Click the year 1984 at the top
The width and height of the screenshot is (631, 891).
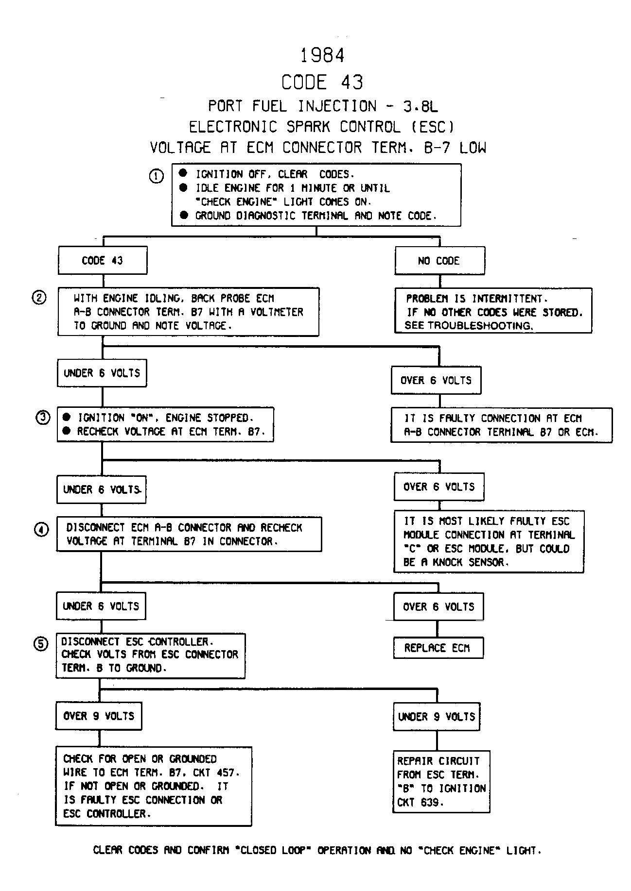click(322, 55)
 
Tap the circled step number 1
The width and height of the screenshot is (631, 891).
click(156, 176)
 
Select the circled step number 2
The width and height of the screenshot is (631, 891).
click(39, 297)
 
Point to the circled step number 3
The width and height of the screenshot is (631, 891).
click(43, 417)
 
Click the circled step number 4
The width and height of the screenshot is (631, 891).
click(41, 529)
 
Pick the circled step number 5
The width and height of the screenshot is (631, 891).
click(41, 644)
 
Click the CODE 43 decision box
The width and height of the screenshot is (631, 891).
click(103, 261)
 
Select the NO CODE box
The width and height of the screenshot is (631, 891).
click(440, 261)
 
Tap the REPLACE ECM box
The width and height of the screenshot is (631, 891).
click(438, 648)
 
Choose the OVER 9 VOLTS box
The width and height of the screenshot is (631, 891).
click(99, 716)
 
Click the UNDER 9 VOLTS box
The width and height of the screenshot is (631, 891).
click(437, 717)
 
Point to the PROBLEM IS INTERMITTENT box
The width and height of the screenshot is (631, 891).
click(493, 311)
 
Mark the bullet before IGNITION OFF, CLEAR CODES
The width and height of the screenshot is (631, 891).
click(183, 173)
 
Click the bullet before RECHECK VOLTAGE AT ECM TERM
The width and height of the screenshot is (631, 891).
click(67, 431)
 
